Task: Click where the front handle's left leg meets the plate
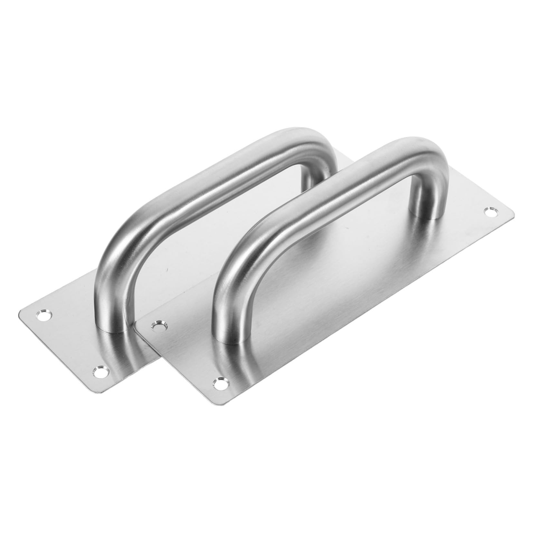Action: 227,338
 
